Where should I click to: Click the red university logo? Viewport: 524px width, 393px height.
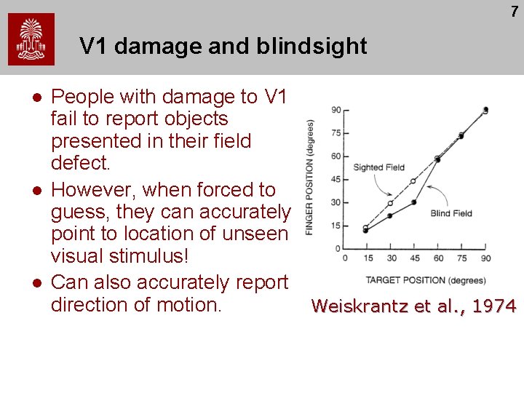[x=31, y=40]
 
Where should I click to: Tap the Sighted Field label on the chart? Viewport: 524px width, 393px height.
[x=378, y=167]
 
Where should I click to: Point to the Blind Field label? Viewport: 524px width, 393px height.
[x=451, y=213]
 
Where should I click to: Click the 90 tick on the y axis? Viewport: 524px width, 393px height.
[x=336, y=110]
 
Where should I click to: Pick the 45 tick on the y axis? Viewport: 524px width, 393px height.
[x=336, y=179]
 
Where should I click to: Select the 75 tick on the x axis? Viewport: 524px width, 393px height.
[x=461, y=258]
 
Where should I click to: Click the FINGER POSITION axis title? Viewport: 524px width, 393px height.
[x=310, y=178]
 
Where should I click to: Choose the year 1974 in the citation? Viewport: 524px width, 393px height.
[x=494, y=306]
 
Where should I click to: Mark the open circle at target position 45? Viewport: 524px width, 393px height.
[x=413, y=180]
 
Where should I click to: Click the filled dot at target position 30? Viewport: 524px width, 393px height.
[x=390, y=215]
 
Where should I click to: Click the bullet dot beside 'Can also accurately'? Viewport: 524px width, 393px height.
[x=34, y=282]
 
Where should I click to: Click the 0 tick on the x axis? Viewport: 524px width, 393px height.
[x=344, y=258]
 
